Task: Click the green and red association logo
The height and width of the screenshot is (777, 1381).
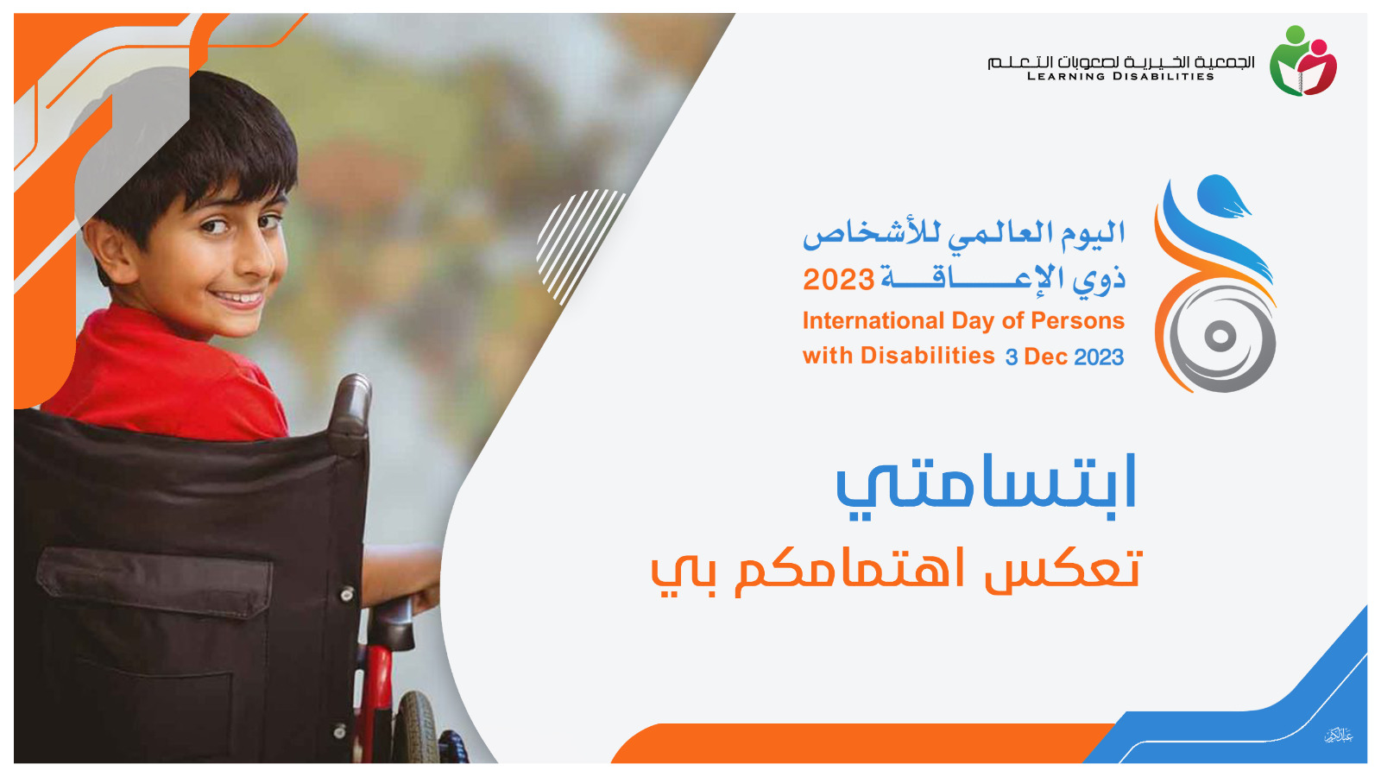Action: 1302,60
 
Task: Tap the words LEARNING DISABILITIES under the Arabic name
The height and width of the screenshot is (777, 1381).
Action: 1120,77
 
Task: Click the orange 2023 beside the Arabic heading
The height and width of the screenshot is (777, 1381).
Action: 838,280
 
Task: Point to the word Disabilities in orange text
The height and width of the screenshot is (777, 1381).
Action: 928,355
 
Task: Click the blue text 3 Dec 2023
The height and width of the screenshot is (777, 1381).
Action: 1065,357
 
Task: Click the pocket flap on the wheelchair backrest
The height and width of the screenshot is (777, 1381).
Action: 154,579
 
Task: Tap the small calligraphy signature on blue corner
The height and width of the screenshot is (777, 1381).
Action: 1339,736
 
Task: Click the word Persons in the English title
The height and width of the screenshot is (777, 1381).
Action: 1078,320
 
